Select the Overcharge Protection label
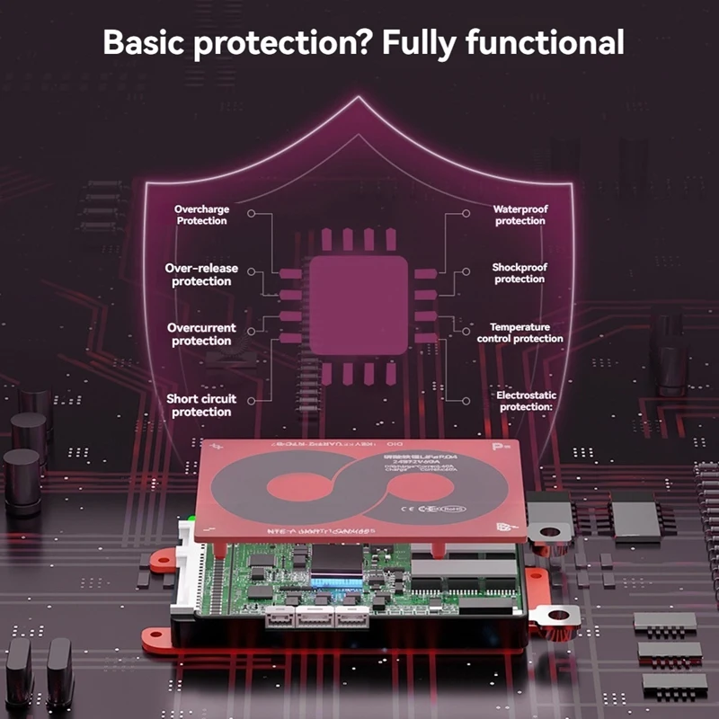tap(201, 215)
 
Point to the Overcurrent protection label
tap(200, 334)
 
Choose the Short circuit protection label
tap(200, 405)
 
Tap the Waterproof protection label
tap(519, 215)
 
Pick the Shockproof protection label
tap(519, 273)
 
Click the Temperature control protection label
tap(526, 333)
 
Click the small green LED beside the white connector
tap(191, 519)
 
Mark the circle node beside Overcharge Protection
tap(253, 214)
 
